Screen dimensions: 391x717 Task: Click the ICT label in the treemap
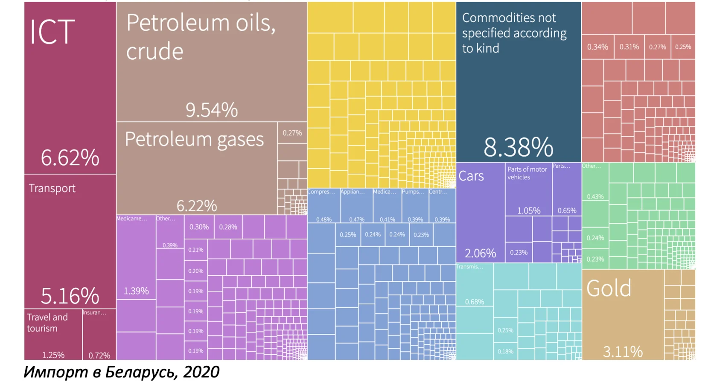(x=52, y=32)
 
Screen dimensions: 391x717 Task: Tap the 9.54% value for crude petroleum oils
(x=211, y=110)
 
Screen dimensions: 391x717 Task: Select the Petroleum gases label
(x=194, y=139)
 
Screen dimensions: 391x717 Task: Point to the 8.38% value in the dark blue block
(x=518, y=147)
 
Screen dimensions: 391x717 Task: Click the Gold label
(x=609, y=289)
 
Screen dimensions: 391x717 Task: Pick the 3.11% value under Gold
(x=623, y=352)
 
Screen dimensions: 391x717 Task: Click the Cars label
(x=471, y=176)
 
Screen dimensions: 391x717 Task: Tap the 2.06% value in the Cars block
(x=480, y=254)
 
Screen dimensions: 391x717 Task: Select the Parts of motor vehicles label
(x=527, y=173)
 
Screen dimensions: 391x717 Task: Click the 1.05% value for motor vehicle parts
(x=528, y=210)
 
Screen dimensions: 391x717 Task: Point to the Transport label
(x=52, y=188)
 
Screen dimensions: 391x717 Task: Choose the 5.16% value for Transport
(x=70, y=296)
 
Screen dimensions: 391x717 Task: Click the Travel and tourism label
(x=47, y=323)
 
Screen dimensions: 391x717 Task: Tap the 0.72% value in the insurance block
(x=99, y=355)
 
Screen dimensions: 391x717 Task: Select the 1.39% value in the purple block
(x=136, y=291)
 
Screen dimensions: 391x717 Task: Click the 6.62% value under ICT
(x=70, y=158)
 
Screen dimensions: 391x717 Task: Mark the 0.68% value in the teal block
(x=474, y=302)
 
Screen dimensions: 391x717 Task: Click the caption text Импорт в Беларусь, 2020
(x=122, y=372)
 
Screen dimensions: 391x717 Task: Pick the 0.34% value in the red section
(x=597, y=47)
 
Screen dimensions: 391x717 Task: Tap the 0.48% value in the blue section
(x=324, y=219)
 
